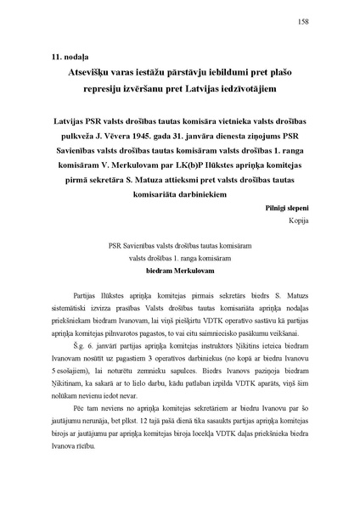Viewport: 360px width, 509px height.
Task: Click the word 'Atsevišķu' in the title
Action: click(x=91, y=72)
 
